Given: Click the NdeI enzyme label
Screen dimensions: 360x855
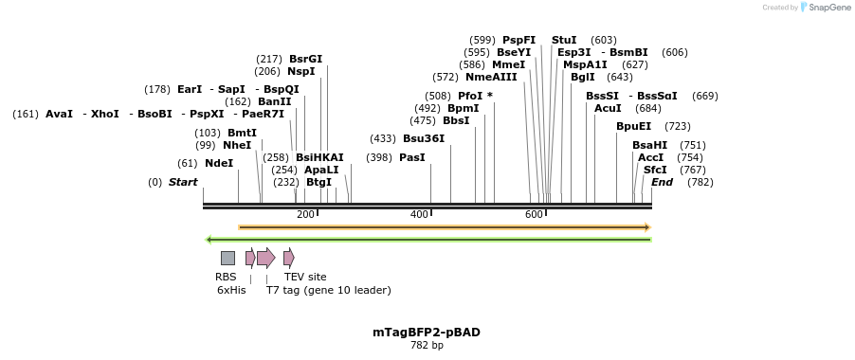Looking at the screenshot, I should click(x=219, y=163).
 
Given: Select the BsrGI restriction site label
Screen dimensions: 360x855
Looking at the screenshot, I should click(x=305, y=59).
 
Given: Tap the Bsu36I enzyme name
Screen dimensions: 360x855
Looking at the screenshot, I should click(x=424, y=138).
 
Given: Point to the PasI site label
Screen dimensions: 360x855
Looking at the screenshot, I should click(x=412, y=157).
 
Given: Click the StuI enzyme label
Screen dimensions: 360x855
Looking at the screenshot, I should click(x=564, y=40).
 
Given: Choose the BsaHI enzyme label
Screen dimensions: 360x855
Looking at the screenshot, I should click(x=649, y=145).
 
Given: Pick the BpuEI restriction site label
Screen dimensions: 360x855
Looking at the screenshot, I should click(x=633, y=126).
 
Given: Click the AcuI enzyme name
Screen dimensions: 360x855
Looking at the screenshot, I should click(x=608, y=108).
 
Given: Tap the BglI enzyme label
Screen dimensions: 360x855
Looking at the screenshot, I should click(x=583, y=77).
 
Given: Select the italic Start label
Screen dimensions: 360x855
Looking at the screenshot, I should click(x=183, y=182).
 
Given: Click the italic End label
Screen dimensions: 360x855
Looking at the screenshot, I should click(x=662, y=182).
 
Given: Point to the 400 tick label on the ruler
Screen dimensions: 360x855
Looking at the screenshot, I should click(x=419, y=215).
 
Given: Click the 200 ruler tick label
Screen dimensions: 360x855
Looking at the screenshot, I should click(x=305, y=215).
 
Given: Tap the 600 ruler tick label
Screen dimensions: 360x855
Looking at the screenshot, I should click(x=534, y=215).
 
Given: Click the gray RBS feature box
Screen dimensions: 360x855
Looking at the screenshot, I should click(x=227, y=258).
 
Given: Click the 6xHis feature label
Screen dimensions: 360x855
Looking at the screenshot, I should click(x=231, y=291).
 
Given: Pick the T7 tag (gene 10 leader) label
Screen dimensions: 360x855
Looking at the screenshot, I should click(x=328, y=291).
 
